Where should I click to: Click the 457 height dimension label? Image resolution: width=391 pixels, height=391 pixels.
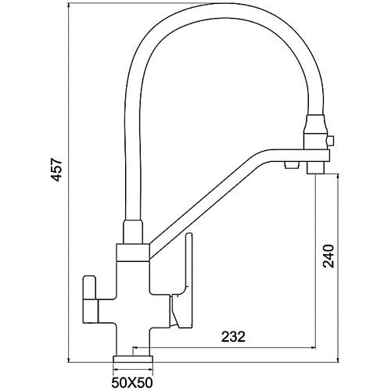point(56,169)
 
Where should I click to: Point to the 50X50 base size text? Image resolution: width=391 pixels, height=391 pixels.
point(132,383)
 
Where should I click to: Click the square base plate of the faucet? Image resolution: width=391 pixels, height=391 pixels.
point(133,359)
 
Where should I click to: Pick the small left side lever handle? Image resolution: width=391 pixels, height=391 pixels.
point(91,300)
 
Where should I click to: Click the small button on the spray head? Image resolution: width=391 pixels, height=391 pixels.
point(330,141)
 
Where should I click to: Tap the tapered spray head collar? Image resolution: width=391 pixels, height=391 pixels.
point(316,124)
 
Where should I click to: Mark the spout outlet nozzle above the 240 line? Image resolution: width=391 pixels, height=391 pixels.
point(316,168)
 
